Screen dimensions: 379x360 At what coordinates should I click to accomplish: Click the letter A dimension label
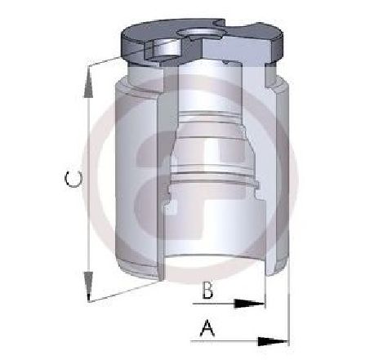pyautogui.click(x=207, y=328)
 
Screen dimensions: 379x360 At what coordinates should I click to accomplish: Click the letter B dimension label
pyautogui.click(x=207, y=291)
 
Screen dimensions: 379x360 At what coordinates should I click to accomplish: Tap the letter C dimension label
pyautogui.click(x=73, y=179)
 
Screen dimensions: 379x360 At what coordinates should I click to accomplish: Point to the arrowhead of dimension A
pyautogui.click(x=273, y=341)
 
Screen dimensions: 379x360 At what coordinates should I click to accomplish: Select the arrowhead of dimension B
pyautogui.click(x=249, y=304)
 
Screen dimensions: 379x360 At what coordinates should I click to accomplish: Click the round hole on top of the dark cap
pyautogui.click(x=201, y=33)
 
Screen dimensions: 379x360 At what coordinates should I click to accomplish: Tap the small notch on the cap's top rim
pyautogui.click(x=220, y=24)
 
